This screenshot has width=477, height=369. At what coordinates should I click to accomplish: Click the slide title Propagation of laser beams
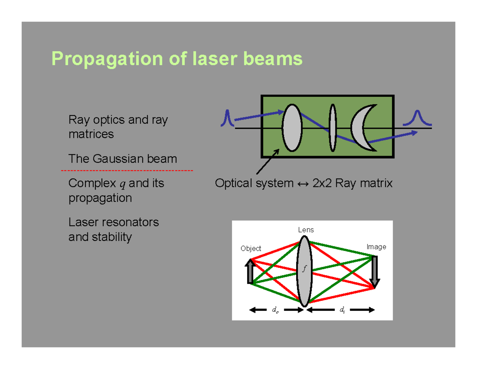(x=176, y=59)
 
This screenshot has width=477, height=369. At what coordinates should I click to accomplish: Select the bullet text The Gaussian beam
(x=122, y=159)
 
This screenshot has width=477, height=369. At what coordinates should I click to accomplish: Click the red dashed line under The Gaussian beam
(x=127, y=171)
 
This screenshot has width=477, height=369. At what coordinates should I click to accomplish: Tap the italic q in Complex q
(x=122, y=184)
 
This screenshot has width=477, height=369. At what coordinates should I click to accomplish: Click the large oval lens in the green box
(x=292, y=127)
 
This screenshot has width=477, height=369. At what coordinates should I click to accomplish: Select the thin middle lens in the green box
(x=332, y=127)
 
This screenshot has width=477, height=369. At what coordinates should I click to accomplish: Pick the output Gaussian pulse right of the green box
(x=417, y=118)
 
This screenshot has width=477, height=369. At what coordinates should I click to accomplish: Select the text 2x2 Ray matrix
(x=353, y=184)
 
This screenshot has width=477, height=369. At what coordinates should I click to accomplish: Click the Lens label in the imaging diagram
(x=306, y=230)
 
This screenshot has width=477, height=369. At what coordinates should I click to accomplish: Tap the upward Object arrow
(x=250, y=271)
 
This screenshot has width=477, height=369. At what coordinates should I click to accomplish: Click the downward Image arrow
(x=374, y=271)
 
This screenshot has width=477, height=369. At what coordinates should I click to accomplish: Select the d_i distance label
(x=342, y=310)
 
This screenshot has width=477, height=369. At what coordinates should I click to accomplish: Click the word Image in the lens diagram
(x=376, y=247)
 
